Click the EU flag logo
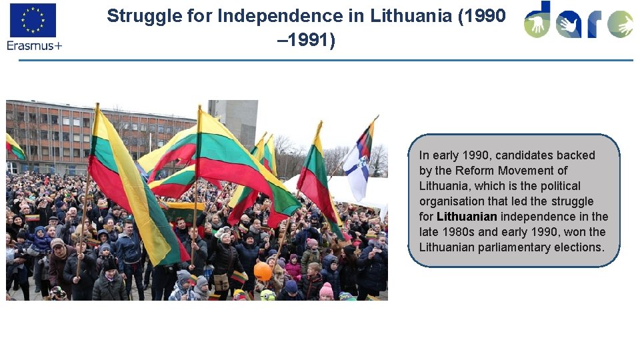coord(33,20)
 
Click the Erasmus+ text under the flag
coord(34,45)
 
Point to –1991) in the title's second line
coord(307,41)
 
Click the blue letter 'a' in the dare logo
coord(569,25)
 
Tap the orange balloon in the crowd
coord(263,271)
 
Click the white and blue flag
coord(359,163)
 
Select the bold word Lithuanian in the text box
coord(467,217)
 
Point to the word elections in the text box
coord(579,247)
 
